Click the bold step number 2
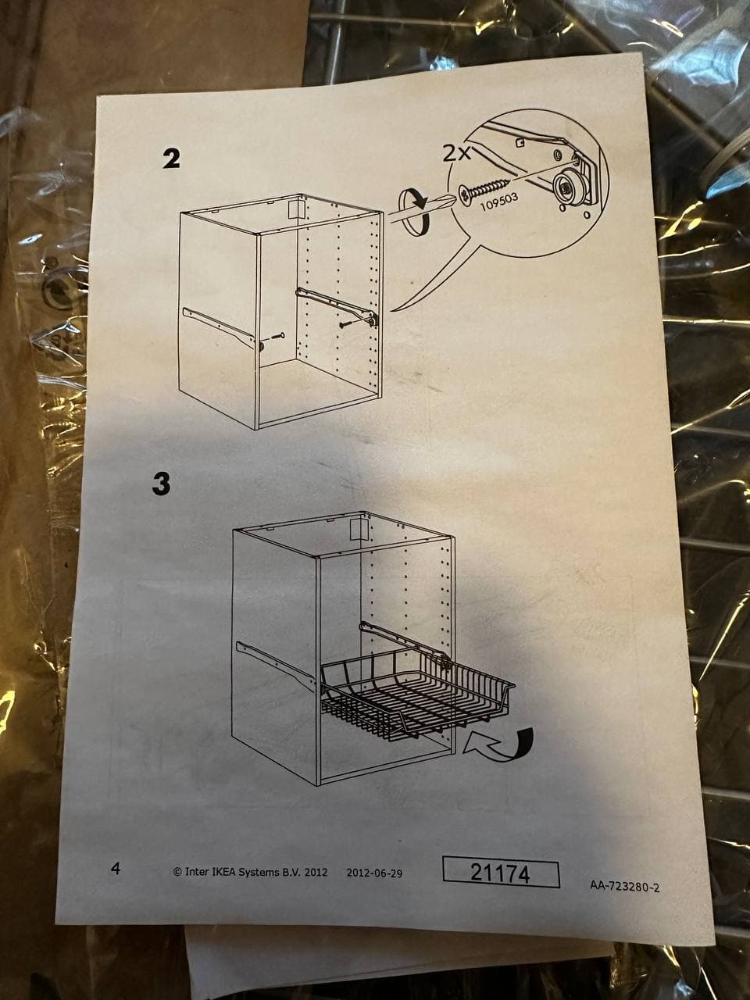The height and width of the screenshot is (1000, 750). (x=171, y=159)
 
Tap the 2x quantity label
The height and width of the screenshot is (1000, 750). (x=457, y=154)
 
